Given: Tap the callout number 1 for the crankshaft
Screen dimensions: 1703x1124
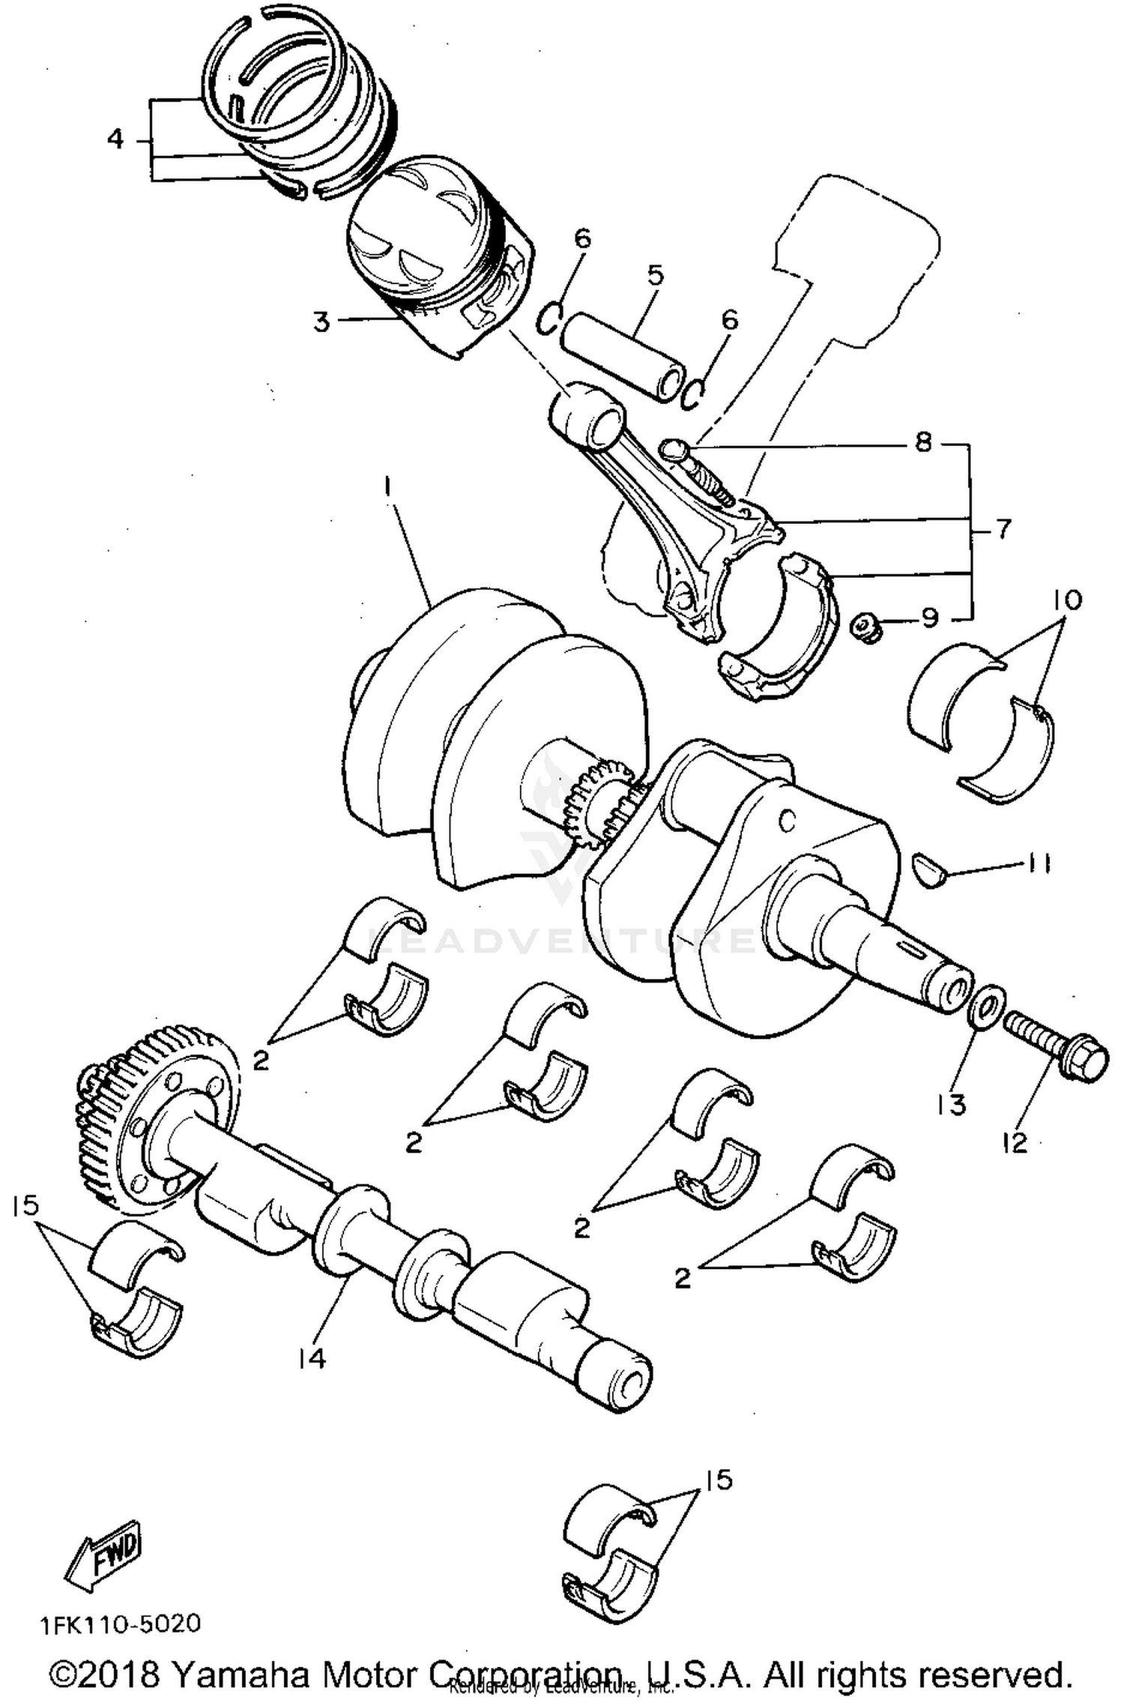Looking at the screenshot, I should point(387,487).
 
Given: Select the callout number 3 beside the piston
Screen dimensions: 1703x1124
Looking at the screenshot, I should point(321,322).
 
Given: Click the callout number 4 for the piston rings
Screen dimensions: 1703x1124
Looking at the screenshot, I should point(115,139).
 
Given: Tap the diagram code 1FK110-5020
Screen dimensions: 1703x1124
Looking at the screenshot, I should point(121,1623).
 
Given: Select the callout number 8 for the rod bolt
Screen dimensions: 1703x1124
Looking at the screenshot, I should point(923,442).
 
